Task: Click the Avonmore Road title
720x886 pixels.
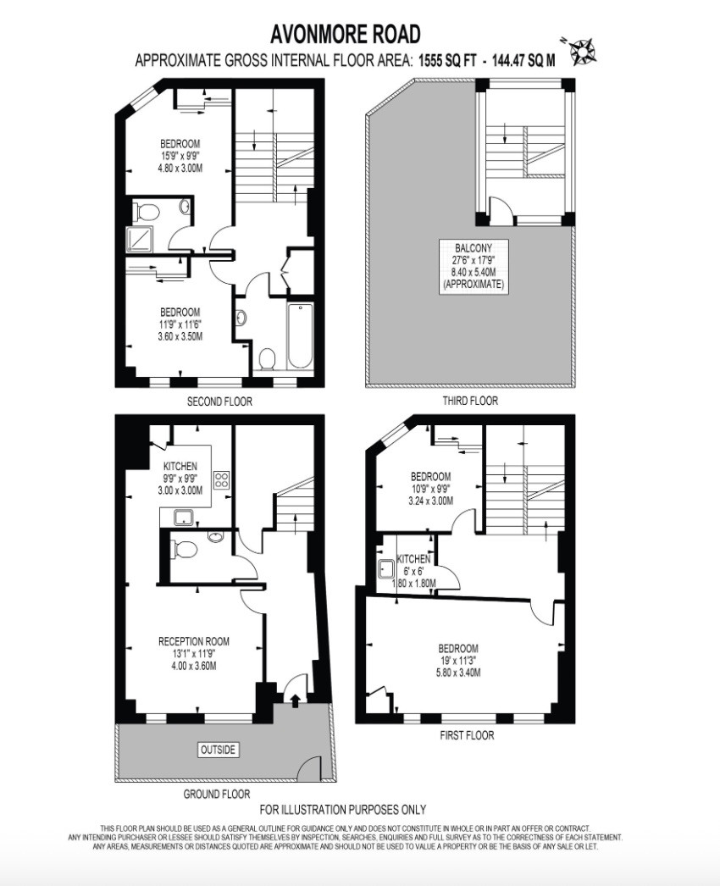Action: (346, 34)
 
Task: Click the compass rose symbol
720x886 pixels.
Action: (580, 50)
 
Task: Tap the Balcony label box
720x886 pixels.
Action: (474, 266)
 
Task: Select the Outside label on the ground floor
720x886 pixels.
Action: (219, 750)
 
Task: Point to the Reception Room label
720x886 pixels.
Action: (194, 641)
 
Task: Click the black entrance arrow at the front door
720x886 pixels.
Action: (295, 700)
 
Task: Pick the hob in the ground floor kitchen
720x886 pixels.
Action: (221, 479)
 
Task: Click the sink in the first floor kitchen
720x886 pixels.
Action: (386, 569)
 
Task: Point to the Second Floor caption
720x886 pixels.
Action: (220, 401)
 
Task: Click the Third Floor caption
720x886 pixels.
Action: (470, 401)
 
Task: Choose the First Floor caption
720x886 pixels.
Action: (467, 735)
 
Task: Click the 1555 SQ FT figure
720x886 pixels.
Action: (447, 60)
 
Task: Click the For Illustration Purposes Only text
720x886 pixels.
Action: (343, 810)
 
